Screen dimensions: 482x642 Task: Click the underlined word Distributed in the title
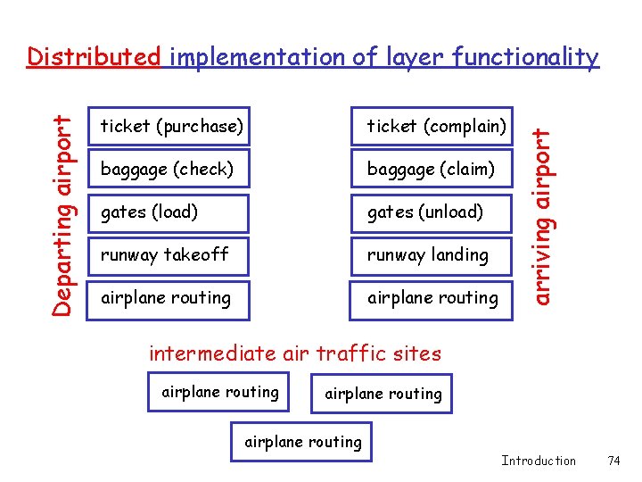point(94,58)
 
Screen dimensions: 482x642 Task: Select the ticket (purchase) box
point(169,127)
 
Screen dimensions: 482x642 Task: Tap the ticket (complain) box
point(432,127)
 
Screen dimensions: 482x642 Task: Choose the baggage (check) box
point(169,169)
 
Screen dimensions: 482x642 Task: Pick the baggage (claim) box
point(432,169)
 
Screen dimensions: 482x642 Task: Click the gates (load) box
point(169,212)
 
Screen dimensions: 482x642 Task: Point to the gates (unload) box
point(432,212)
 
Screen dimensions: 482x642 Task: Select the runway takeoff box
point(169,254)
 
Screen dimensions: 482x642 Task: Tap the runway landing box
point(432,254)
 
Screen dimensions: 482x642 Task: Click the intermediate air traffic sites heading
point(295,353)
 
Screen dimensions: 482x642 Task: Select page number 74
point(613,461)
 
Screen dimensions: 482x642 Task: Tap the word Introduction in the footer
point(539,461)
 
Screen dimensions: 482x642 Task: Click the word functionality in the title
point(525,58)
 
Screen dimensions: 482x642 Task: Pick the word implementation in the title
point(258,58)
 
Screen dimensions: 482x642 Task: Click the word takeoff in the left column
point(198,254)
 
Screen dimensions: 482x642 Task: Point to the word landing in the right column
point(459,255)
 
